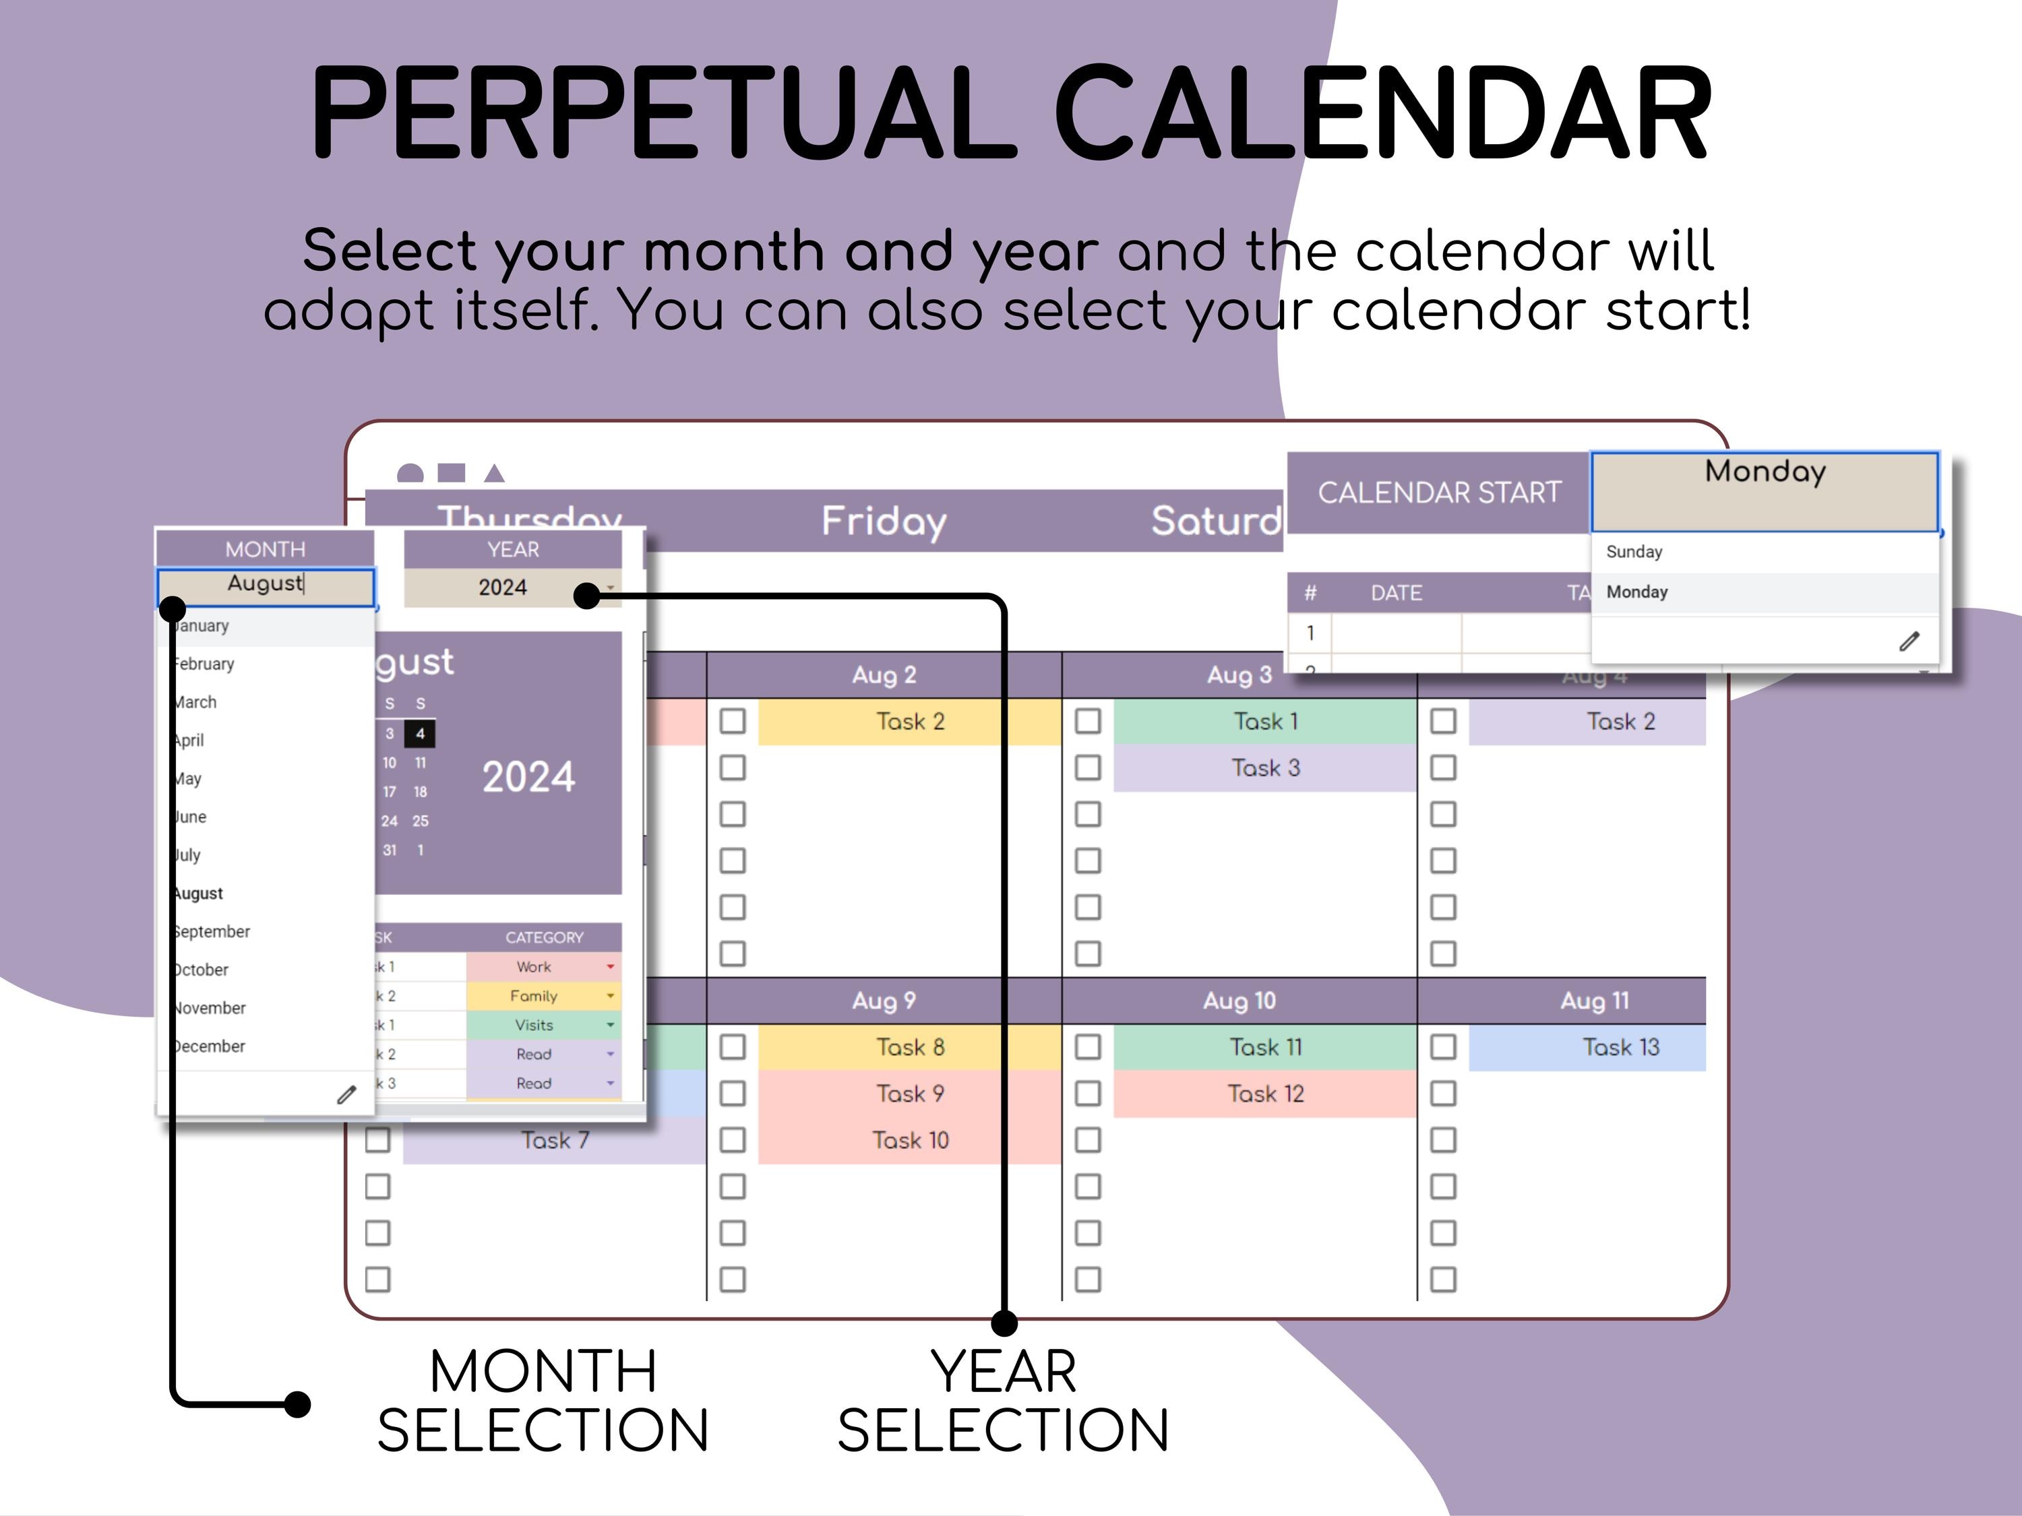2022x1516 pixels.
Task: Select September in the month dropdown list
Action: (x=212, y=931)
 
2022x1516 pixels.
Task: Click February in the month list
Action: (x=205, y=664)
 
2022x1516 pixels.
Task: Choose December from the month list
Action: (x=210, y=1046)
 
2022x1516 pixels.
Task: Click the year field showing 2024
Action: (x=503, y=588)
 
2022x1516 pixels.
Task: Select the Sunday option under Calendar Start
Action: (x=1634, y=552)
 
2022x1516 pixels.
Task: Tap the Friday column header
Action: (x=883, y=522)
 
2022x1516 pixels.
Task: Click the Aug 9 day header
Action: (x=883, y=1001)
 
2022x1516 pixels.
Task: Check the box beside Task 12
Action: (x=1088, y=1094)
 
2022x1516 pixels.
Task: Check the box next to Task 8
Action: (x=732, y=1047)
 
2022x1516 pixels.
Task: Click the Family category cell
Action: (x=534, y=996)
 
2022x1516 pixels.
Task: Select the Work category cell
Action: (x=534, y=967)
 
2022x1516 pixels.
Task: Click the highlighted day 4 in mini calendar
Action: (x=420, y=734)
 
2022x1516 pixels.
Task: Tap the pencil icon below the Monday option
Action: (x=1909, y=641)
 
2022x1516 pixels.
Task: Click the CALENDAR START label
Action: (x=1439, y=493)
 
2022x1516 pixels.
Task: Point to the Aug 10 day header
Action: (x=1239, y=1001)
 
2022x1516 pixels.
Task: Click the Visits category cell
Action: (x=534, y=1025)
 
